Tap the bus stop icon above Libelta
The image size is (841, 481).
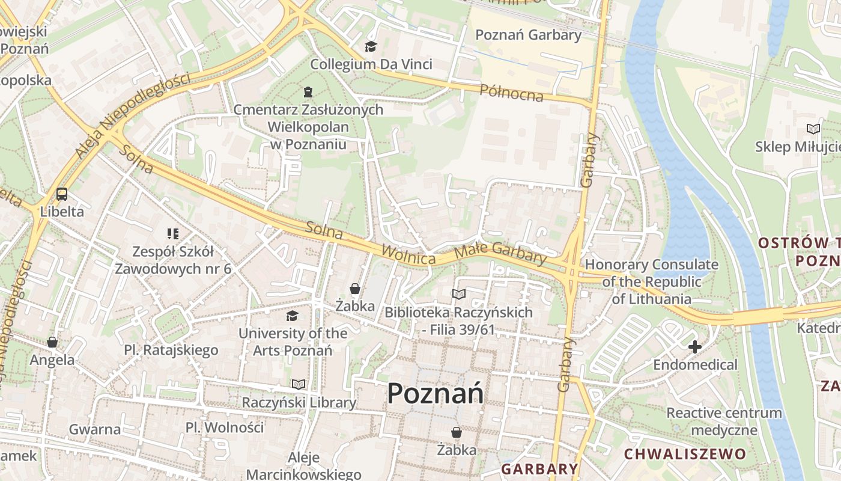click(x=62, y=194)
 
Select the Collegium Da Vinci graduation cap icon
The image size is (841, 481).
click(x=371, y=46)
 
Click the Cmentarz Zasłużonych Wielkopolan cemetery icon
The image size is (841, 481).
click(x=308, y=92)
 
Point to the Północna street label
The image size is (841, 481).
click(x=511, y=93)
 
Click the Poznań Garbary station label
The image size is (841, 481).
click(x=529, y=35)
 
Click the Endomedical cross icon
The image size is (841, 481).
click(x=695, y=346)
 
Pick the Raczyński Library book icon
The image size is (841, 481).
click(x=299, y=384)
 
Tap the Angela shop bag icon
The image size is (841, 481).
click(x=52, y=342)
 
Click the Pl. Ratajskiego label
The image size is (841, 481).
click(x=171, y=350)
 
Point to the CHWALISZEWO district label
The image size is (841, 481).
click(x=685, y=454)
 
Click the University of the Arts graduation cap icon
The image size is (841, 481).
click(x=293, y=315)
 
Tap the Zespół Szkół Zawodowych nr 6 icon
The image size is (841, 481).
click(x=173, y=233)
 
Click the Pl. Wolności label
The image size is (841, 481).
click(x=224, y=427)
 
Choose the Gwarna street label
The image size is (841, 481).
click(x=95, y=429)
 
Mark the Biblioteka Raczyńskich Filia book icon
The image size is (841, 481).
click(x=459, y=294)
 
